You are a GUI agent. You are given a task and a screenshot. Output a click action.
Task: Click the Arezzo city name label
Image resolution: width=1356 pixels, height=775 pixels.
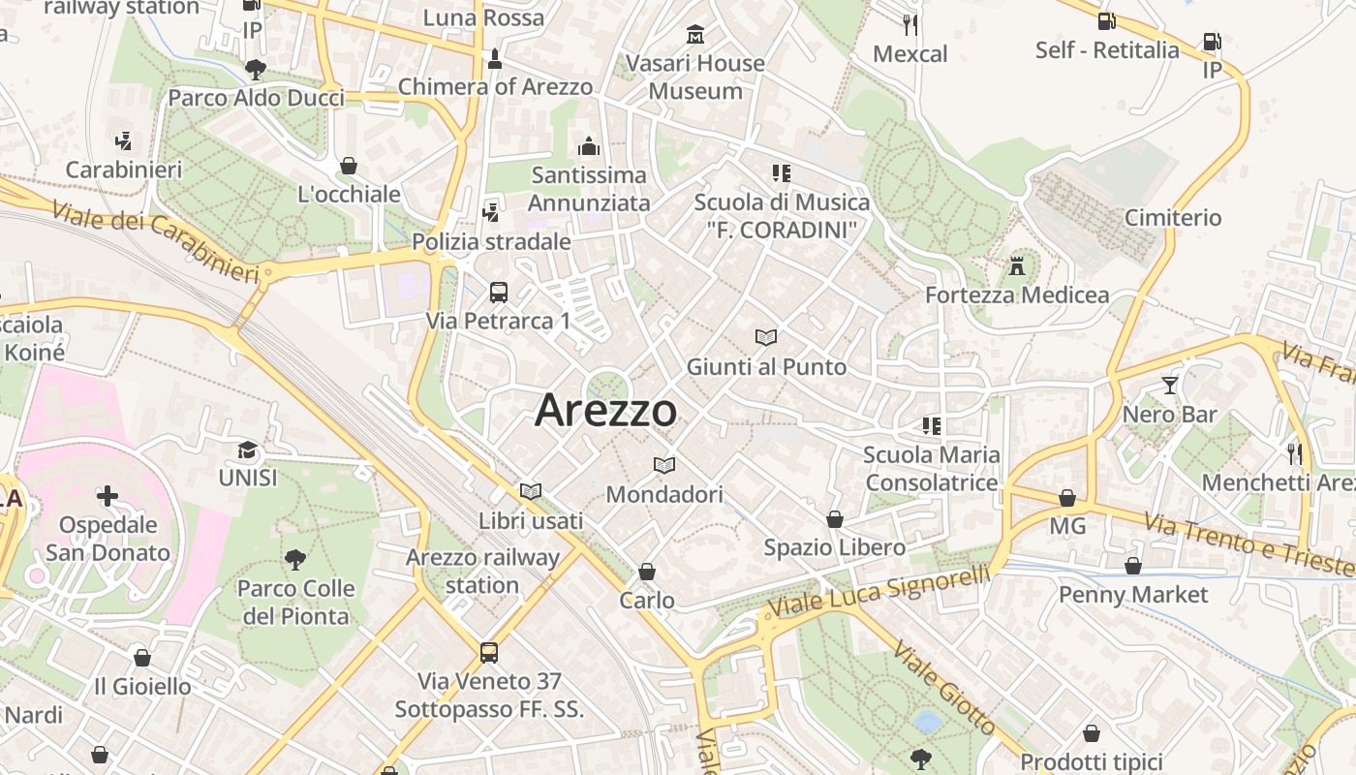click(605, 410)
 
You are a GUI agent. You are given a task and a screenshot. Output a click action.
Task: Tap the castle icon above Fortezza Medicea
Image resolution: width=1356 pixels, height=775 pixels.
click(1017, 265)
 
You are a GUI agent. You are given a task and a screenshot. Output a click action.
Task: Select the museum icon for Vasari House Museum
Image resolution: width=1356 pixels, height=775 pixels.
click(694, 35)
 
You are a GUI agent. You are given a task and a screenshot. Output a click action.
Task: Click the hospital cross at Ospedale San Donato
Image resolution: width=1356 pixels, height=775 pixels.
click(108, 497)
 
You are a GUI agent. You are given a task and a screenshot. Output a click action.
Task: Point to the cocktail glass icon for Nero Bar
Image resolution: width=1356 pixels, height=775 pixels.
click(1169, 386)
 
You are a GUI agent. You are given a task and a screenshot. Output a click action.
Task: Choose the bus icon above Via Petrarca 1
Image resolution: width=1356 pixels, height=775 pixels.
click(498, 292)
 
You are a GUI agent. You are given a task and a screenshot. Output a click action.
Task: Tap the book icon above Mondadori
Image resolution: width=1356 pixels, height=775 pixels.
click(663, 466)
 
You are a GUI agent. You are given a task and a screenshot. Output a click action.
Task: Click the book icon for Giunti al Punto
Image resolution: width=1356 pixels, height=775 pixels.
click(765, 338)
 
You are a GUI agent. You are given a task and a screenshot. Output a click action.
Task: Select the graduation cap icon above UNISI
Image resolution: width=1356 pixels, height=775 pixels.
click(247, 449)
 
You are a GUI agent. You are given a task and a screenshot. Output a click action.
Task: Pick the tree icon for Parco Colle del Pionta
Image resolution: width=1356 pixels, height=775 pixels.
click(294, 559)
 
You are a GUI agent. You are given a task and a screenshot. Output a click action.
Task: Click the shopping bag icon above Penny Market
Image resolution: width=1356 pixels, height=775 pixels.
click(1132, 565)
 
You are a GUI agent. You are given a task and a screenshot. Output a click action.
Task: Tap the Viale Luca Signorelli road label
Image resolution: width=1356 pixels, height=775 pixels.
click(878, 591)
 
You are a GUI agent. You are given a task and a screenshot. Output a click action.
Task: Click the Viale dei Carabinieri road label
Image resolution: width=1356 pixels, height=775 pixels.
click(156, 241)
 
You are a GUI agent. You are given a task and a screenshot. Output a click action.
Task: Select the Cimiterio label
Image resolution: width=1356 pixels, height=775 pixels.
click(1173, 217)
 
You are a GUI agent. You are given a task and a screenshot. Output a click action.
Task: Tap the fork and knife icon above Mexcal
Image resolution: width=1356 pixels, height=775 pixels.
click(909, 24)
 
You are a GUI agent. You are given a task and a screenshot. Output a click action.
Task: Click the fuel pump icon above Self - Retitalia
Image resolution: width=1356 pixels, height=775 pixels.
click(1106, 20)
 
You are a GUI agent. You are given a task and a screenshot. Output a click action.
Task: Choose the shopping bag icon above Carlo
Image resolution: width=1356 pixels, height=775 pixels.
click(646, 572)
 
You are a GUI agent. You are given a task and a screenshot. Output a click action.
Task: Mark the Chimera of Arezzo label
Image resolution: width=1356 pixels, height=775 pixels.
click(495, 86)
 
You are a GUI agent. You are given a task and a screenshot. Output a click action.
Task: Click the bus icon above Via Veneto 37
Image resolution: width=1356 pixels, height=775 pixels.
click(489, 652)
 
